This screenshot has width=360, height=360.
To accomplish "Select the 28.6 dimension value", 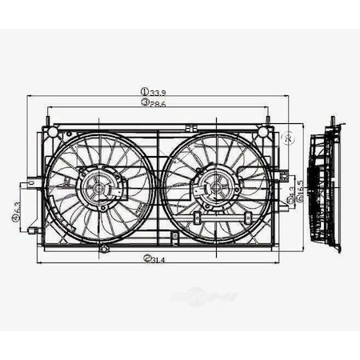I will click(158, 103).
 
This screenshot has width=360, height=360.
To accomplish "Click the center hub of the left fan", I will click(99, 189).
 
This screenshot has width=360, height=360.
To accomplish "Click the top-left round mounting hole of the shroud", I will click(52, 130).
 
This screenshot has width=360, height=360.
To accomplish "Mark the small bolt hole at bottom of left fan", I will click(104, 249).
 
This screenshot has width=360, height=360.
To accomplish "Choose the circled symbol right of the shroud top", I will click(290, 138).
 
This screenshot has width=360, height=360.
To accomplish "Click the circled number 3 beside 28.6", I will click(144, 103).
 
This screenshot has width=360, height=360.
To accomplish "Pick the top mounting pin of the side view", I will click(332, 122).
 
